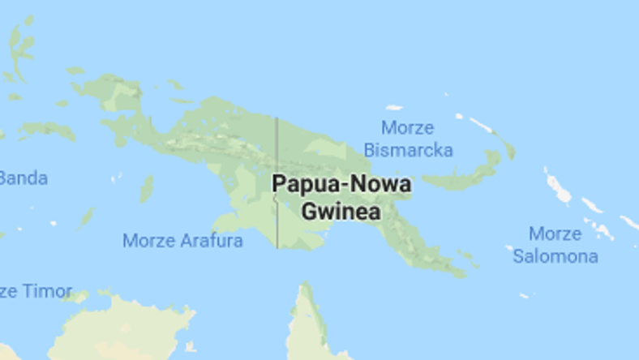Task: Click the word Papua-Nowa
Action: [341, 184]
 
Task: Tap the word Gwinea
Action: [341, 211]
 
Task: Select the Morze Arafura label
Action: [182, 241]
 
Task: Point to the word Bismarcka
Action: [408, 150]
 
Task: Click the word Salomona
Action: [555, 256]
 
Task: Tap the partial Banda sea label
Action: [23, 178]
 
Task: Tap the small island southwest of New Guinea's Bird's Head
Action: [146, 189]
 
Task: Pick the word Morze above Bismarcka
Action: [407, 128]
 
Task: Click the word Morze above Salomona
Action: [555, 234]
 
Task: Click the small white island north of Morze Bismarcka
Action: [394, 107]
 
